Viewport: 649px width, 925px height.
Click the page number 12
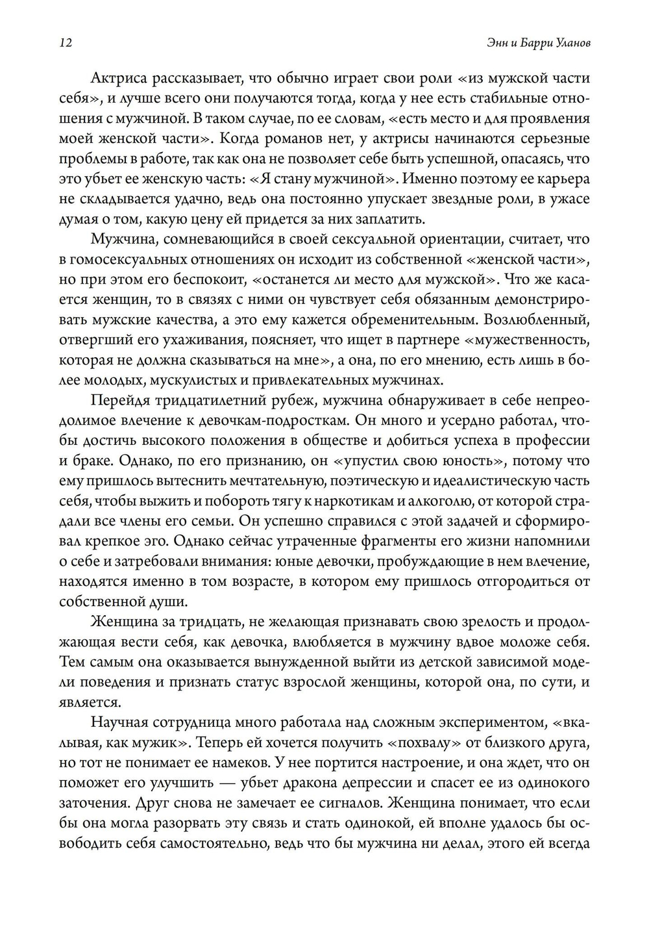click(x=64, y=43)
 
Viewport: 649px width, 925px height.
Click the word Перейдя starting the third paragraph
click(x=119, y=400)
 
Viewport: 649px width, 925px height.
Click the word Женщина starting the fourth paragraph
click(x=123, y=622)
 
